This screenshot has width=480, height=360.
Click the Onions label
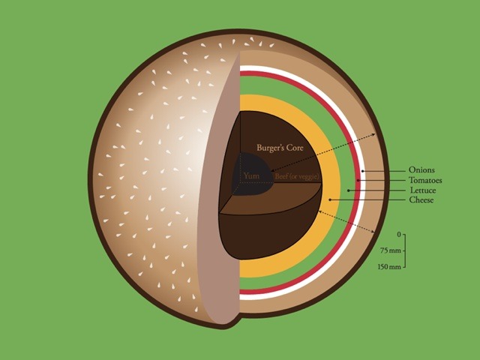pyautogui.click(x=422, y=170)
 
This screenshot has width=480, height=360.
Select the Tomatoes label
pyautogui.click(x=425, y=181)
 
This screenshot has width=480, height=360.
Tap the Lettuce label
pyautogui.click(x=423, y=190)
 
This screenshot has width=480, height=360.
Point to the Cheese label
pyautogui.click(x=421, y=201)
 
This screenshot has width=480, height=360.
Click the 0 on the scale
pyautogui.click(x=399, y=233)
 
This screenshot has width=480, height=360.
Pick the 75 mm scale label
pyautogui.click(x=393, y=250)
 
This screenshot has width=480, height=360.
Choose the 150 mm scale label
pyautogui.click(x=391, y=267)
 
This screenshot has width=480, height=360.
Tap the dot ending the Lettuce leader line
pyautogui.click(x=348, y=190)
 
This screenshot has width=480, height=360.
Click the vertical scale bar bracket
pyautogui.click(x=405, y=250)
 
